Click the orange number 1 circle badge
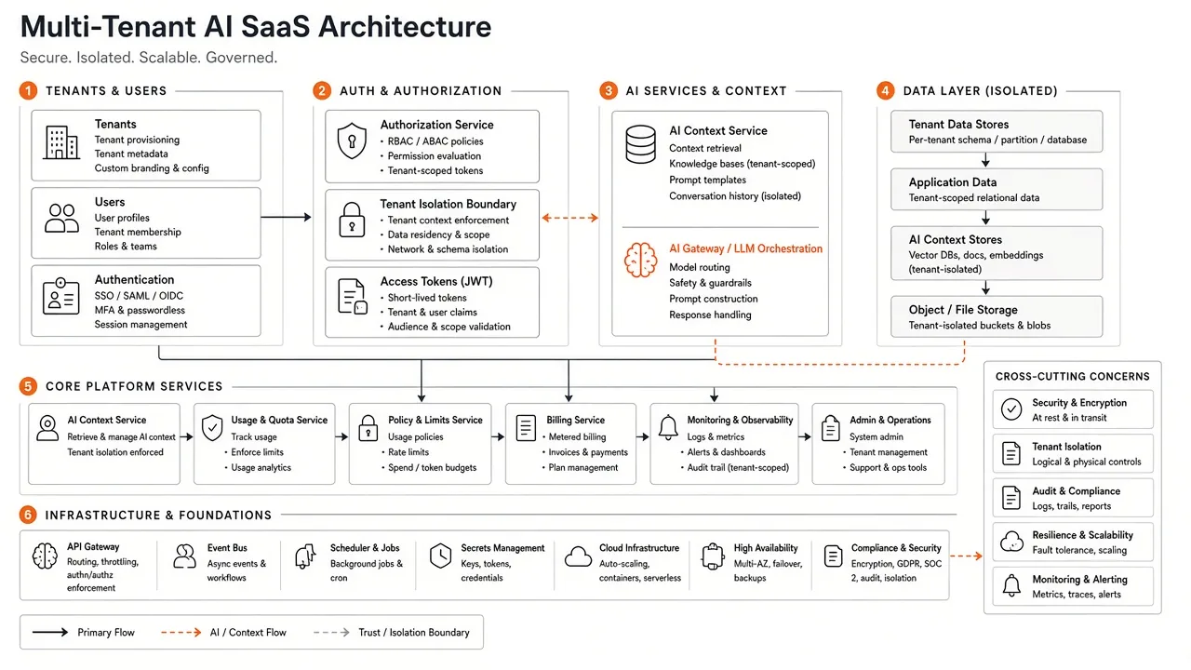tap(28, 90)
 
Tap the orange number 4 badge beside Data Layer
tap(885, 90)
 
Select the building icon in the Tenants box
tap(61, 142)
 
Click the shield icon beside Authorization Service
tap(352, 141)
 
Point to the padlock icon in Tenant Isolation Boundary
tap(352, 220)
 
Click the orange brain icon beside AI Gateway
tap(640, 260)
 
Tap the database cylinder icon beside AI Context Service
tap(640, 144)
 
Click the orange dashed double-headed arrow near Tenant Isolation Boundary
tap(570, 218)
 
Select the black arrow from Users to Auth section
tap(286, 217)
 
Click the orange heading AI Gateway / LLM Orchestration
tap(745, 248)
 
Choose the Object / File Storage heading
tap(963, 310)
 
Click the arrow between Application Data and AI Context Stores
tap(985, 218)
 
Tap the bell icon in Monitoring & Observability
tap(668, 427)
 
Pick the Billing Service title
tap(575, 420)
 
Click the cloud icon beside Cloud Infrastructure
tap(578, 556)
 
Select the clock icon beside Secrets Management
tap(440, 556)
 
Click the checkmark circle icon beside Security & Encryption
tap(1010, 409)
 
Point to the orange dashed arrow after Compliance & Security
tap(966, 556)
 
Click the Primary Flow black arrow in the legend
tap(50, 632)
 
